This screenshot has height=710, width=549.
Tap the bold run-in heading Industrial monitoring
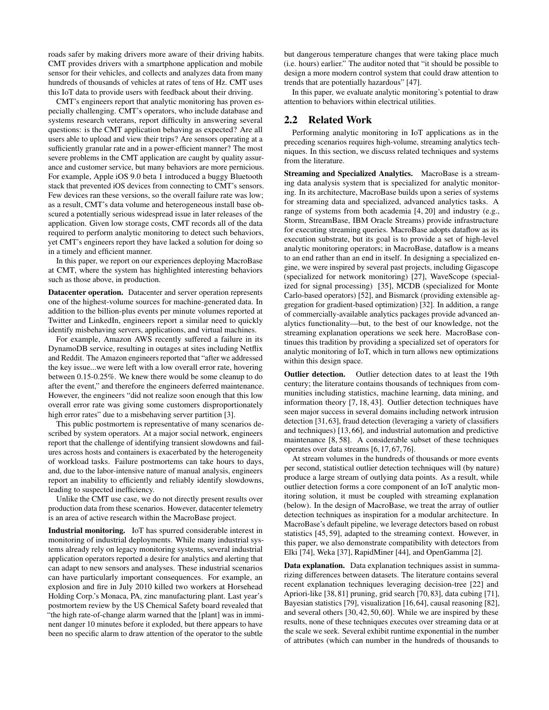pyautogui.click(x=87, y=531)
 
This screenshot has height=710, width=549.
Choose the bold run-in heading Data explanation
pyautogui.click(x=314, y=566)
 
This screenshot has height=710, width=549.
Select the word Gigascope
pyautogui.click(x=481, y=267)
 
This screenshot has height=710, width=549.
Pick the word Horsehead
pyautogui.click(x=244, y=587)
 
